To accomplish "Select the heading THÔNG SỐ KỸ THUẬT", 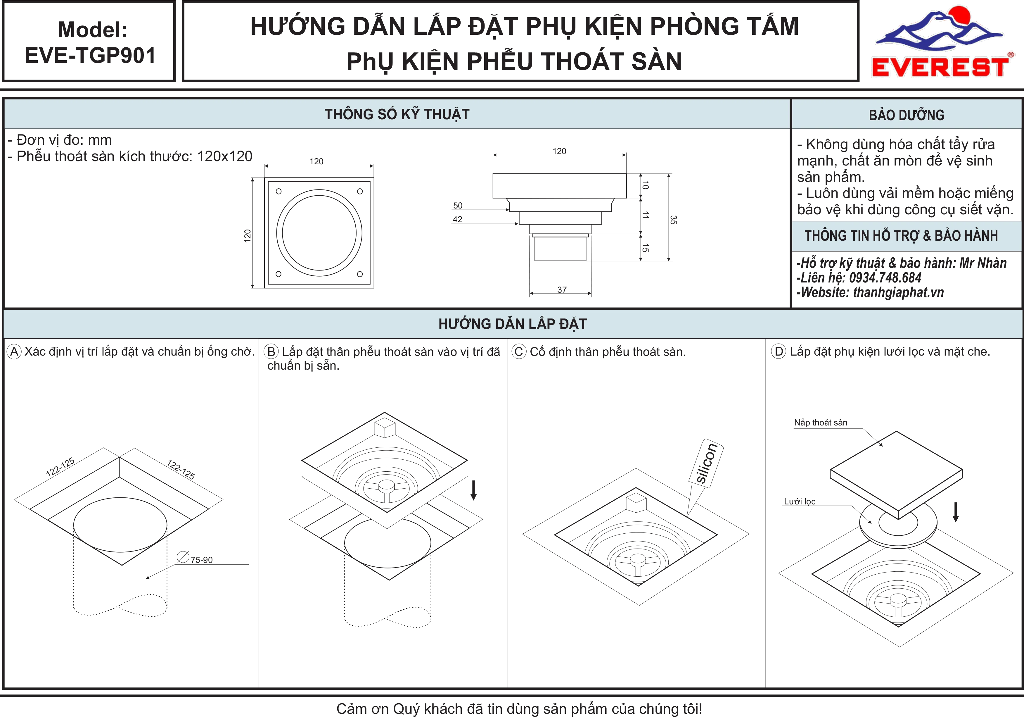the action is [x=397, y=114].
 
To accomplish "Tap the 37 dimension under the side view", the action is [x=562, y=289].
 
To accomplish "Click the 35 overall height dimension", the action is [x=673, y=220].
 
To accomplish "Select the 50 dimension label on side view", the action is [x=458, y=206].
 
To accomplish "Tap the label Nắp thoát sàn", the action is [x=821, y=423].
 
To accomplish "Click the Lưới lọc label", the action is [x=800, y=501].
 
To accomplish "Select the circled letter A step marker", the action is [x=14, y=351].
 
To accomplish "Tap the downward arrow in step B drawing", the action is [x=474, y=490].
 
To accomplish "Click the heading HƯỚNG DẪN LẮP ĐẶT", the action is [x=513, y=324].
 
